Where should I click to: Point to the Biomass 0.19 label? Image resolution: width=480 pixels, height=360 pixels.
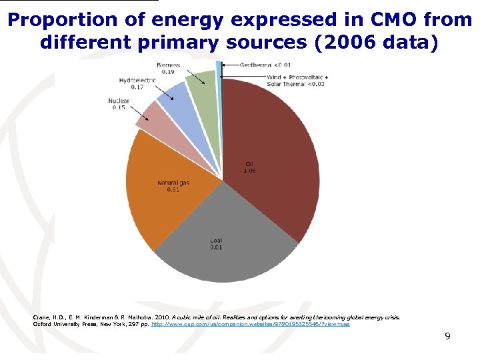pos(167,67)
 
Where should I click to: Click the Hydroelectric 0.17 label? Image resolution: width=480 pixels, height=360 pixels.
pos(137,83)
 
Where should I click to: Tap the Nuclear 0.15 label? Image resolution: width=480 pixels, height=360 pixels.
pos(118,104)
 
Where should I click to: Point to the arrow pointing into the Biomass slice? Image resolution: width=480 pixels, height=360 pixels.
pos(191,79)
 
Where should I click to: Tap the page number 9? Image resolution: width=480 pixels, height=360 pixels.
pos(447,336)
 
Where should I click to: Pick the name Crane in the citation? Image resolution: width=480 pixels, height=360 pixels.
pos(41,317)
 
